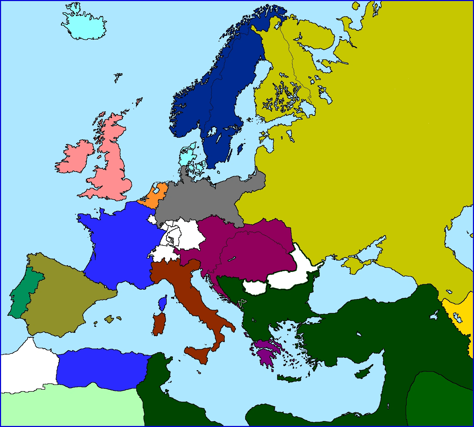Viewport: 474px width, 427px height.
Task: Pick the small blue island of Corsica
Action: point(163,304)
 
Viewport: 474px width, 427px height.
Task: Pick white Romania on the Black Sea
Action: point(289,279)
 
